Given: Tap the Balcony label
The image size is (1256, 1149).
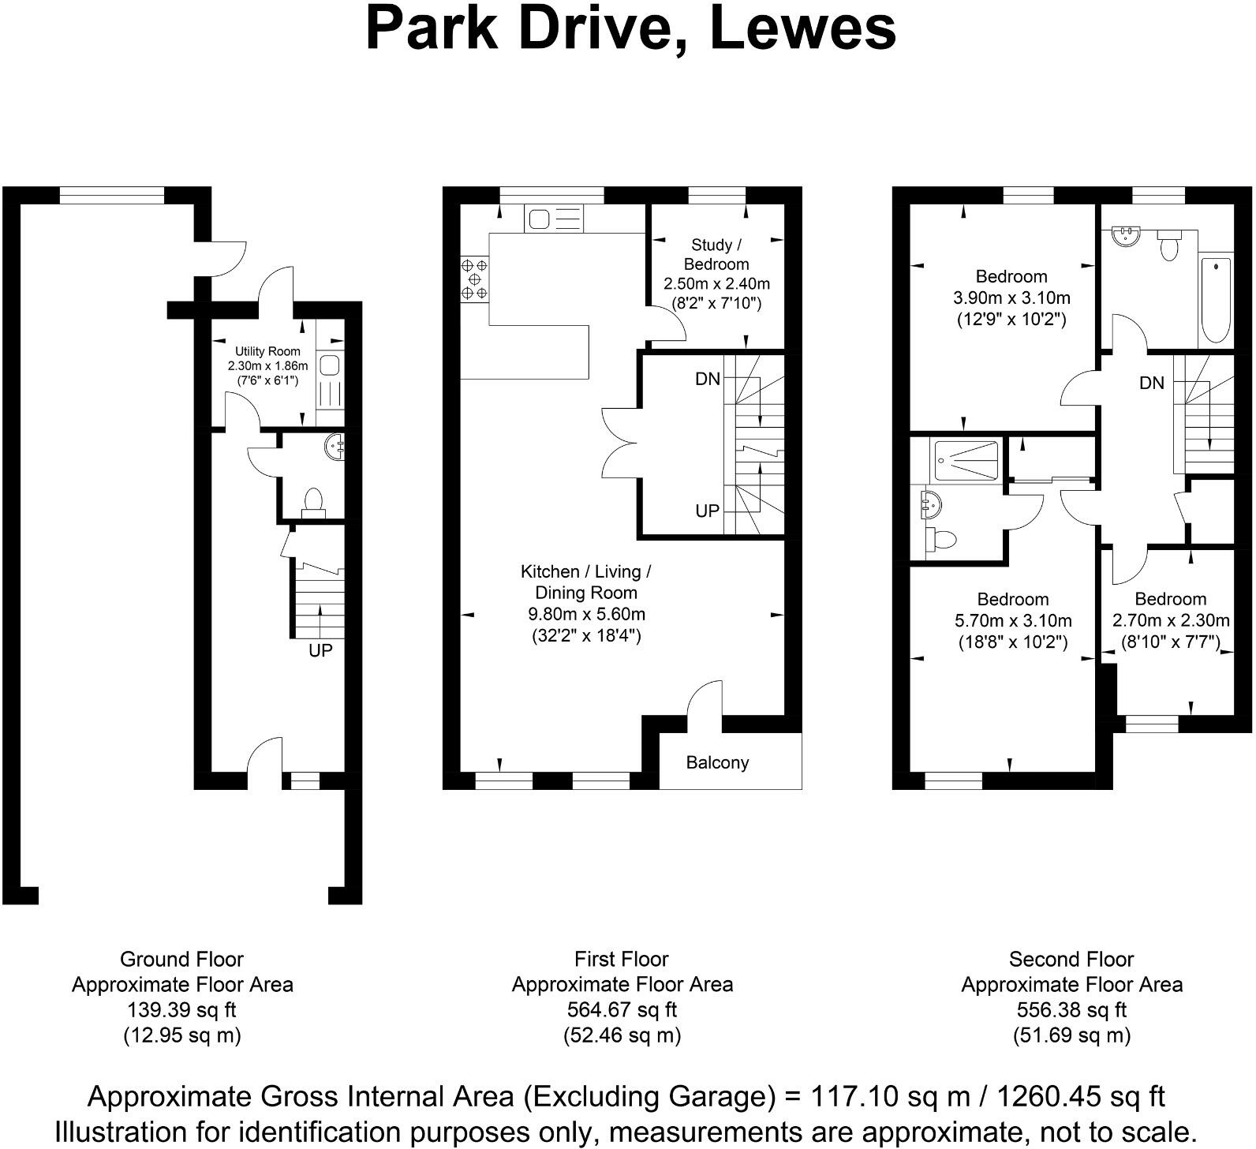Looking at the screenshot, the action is tap(717, 762).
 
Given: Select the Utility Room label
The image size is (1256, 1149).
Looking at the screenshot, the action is tap(267, 351).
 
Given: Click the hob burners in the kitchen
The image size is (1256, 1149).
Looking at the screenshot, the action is tap(475, 279).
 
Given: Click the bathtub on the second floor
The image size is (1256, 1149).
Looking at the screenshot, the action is tap(1215, 299).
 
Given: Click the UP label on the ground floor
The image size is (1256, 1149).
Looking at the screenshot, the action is tap(320, 650).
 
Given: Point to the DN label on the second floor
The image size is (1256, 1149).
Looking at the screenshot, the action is tap(1152, 383).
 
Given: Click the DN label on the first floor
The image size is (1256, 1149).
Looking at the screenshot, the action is tap(708, 379).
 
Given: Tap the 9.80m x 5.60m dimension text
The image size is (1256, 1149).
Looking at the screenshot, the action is tap(586, 614).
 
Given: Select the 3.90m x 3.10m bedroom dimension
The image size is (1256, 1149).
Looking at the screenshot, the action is tap(1011, 298).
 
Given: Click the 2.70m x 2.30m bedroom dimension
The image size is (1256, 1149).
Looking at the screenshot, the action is tap(1171, 620).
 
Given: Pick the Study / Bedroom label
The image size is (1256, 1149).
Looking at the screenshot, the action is tap(716, 254).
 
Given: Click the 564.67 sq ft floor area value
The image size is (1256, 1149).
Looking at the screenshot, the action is tap(622, 1009).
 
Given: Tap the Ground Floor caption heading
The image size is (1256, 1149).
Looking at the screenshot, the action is tap(182, 959).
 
